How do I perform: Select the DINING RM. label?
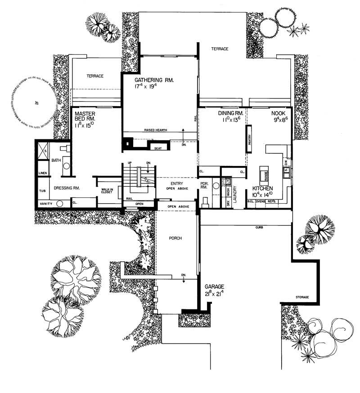[x=231, y=114]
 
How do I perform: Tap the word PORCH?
[x=176, y=238]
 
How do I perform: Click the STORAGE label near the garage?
[x=302, y=298]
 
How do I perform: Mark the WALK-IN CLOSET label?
[x=107, y=192]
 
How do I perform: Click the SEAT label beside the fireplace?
[x=157, y=147]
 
